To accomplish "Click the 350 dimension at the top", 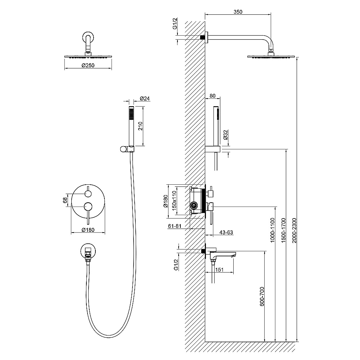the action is tap(238, 12).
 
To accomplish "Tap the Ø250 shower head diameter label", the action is tap(88, 66).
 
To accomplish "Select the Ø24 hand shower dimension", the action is tap(145, 99).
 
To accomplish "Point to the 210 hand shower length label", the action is tap(140, 126).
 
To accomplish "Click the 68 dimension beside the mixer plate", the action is tap(65, 200).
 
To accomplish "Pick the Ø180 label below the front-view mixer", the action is tap(88, 230).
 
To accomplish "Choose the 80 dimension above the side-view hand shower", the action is tap(213, 96).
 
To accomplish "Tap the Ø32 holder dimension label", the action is tap(225, 135).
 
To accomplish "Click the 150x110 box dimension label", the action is tap(174, 201).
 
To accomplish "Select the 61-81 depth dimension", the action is tap(175, 226).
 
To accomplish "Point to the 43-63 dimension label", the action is tap(226, 232).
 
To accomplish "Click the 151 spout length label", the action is tap(220, 270).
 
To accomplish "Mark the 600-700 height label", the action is tap(262, 296).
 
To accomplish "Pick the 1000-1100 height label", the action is tap(273, 230).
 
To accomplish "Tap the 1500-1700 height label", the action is tap(284, 230).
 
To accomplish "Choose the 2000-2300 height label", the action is tap(294, 230).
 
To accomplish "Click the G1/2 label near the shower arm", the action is tap(175, 24).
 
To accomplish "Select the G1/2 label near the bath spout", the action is tap(176, 265).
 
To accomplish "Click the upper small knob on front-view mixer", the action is tap(88, 194).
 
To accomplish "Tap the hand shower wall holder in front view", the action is tap(127, 149).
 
